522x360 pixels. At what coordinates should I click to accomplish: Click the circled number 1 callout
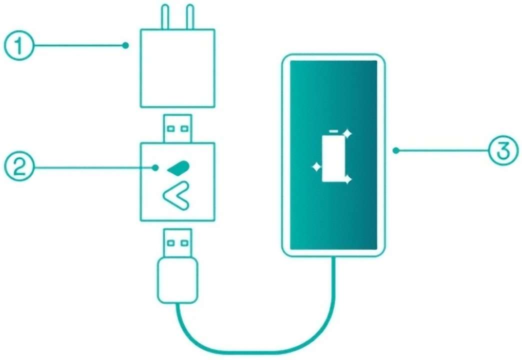click(x=19, y=45)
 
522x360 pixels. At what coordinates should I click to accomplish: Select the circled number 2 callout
click(x=19, y=167)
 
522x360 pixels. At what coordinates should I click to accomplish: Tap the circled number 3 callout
click(x=503, y=150)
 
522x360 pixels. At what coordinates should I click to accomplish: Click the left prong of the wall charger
click(x=165, y=16)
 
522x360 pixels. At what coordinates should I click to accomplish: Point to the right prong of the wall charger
click(x=190, y=16)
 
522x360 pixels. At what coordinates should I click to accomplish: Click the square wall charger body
click(x=177, y=68)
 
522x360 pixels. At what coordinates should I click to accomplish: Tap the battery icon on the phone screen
click(x=333, y=156)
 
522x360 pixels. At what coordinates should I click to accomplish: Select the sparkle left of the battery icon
click(x=316, y=166)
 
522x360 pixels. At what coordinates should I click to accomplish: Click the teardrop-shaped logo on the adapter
click(x=178, y=167)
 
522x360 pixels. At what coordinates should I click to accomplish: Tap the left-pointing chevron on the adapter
click(x=176, y=196)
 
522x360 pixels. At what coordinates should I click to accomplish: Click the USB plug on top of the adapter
click(x=177, y=128)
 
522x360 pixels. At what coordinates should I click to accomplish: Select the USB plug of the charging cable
click(x=177, y=243)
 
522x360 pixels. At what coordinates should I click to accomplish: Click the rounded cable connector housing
click(x=177, y=280)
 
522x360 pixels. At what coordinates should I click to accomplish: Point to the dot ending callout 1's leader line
click(x=125, y=45)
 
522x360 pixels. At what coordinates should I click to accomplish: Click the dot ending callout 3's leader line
click(x=396, y=150)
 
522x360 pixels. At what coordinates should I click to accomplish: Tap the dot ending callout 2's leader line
click(x=155, y=167)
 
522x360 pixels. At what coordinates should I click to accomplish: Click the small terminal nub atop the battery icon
click(x=333, y=131)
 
